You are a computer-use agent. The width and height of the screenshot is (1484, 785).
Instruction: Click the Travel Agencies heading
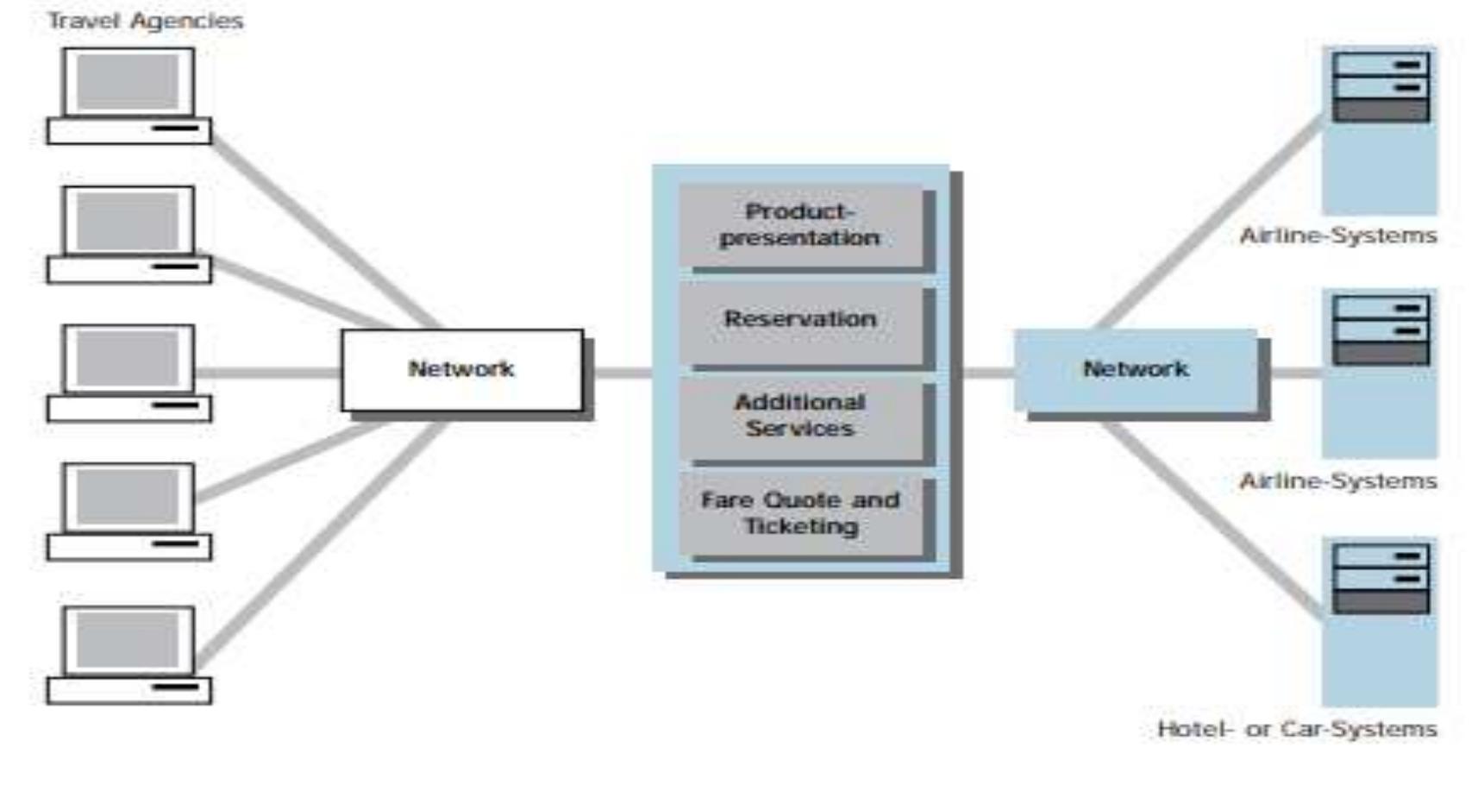145,21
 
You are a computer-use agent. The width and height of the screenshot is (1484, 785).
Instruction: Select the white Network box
461,369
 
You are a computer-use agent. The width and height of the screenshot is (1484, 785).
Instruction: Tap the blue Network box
1135,369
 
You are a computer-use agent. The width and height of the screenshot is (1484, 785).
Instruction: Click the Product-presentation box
799,224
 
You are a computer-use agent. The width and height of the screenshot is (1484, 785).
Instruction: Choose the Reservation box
799,320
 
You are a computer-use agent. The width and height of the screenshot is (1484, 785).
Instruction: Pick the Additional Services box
799,416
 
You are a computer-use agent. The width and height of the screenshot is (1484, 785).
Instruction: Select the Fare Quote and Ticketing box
799,513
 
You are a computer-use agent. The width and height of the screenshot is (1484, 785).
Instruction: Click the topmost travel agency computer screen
128,81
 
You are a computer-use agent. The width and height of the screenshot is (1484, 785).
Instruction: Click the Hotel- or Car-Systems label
1296,729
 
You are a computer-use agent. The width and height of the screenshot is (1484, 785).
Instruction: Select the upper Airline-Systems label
1337,235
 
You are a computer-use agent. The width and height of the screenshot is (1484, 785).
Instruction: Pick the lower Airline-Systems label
1337,480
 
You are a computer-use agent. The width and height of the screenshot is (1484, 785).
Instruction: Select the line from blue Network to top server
1207,224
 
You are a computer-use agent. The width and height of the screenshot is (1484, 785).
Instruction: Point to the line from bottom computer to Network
319,543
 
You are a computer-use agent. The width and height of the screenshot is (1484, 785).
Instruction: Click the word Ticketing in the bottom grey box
801,526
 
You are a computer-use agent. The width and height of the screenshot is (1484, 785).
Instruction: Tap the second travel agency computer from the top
128,234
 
